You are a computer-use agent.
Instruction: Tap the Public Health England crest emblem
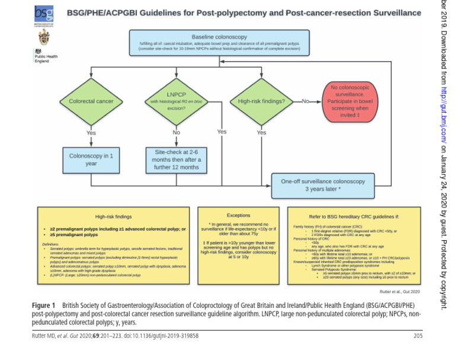(x=44, y=39)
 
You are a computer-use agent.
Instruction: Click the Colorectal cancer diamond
(x=91, y=101)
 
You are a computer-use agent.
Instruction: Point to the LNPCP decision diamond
(x=176, y=101)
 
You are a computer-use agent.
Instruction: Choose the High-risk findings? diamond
(x=261, y=101)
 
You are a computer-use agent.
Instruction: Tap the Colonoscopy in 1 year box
(x=91, y=160)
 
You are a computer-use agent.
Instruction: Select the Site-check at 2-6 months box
(x=176, y=160)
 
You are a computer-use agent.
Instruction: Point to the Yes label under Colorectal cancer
(x=91, y=133)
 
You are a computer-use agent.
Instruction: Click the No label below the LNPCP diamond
(x=176, y=133)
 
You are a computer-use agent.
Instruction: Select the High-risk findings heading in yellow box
(x=113, y=217)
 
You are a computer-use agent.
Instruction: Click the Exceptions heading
(x=238, y=215)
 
